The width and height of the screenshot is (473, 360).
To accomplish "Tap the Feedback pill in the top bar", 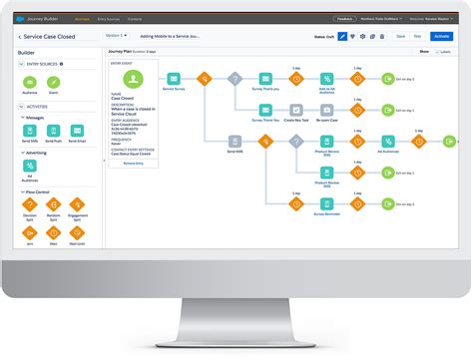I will click(345, 18).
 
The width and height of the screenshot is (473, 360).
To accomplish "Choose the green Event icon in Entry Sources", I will click(53, 81).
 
